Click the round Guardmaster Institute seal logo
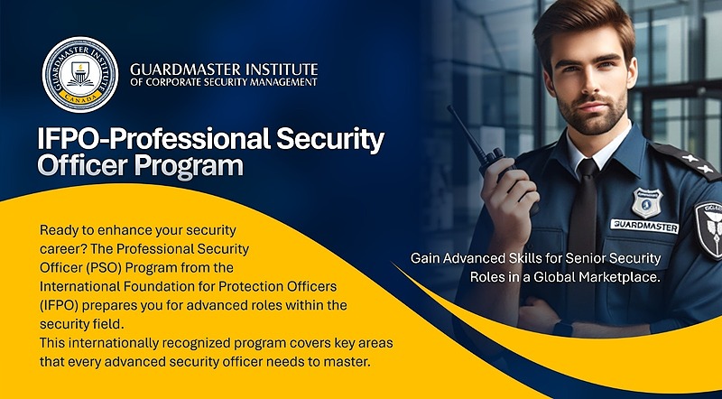[x=80, y=75]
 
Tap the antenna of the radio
[x=465, y=131]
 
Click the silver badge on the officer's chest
[x=647, y=202]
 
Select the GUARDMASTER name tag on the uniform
[x=644, y=226]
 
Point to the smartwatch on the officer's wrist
[x=562, y=329]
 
